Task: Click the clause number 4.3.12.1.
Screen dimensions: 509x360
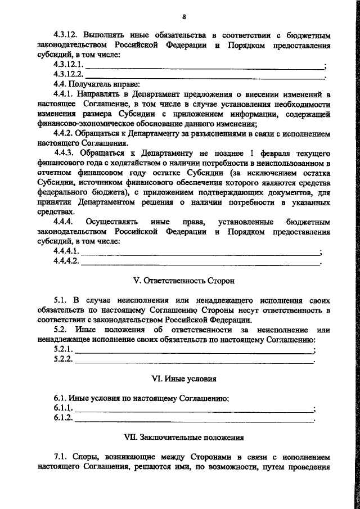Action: click(x=68, y=65)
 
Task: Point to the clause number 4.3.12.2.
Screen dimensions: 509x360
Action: click(x=68, y=74)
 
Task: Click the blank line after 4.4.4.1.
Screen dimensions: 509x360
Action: click(x=200, y=252)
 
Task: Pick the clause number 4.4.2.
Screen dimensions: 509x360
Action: click(x=64, y=134)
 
